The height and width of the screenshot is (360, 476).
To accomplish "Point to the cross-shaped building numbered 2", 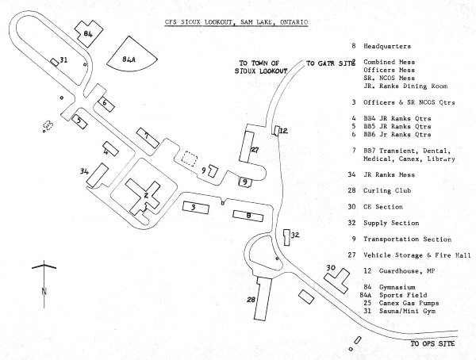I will click(147, 196).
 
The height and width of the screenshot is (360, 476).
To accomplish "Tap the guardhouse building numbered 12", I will click(278, 130).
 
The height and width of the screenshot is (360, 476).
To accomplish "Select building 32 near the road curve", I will click(286, 237).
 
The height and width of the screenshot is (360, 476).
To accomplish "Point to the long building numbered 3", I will click(194, 207).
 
